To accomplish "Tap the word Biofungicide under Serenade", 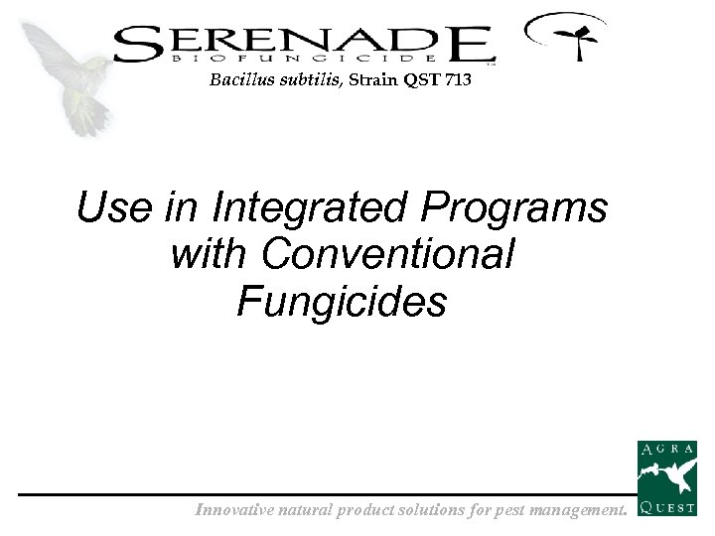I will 303,61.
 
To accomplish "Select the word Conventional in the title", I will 388,254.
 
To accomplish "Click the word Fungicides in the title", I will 342,301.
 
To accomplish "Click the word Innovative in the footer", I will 235,511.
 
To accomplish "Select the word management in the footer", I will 577,511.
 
